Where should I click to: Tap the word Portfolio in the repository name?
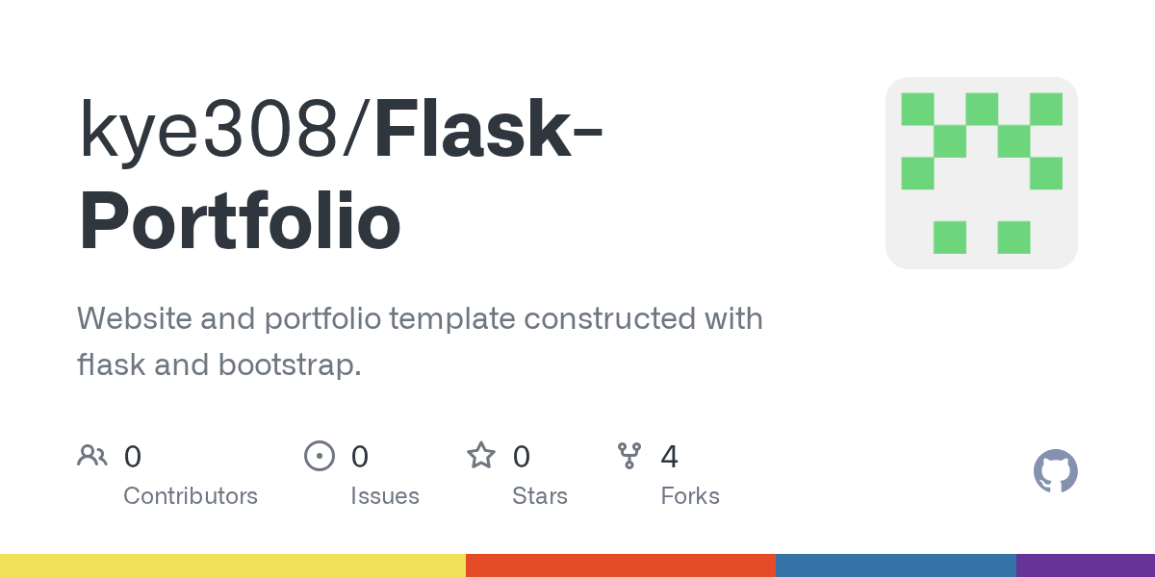240,223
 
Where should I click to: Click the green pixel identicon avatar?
981,173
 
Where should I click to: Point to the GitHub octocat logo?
1055,471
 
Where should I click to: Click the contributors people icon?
92,456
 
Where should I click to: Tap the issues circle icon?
319,456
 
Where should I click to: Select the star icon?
480,456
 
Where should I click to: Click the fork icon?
629,456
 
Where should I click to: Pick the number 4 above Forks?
669,457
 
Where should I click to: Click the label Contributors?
191,496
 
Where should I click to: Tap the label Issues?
385,496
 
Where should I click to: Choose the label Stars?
540,496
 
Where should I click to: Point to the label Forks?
690,496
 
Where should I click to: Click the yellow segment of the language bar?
233,565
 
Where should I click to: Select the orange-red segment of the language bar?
621,565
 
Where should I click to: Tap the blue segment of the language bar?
895,565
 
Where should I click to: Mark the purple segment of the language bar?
1086,565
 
